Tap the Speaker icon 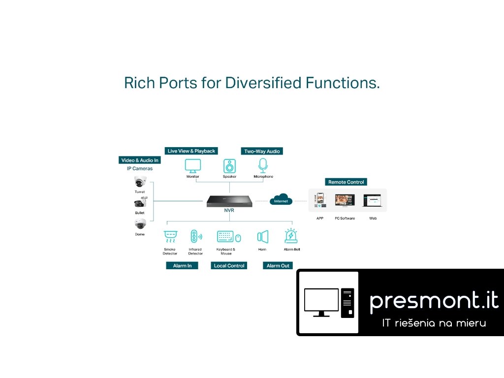pyautogui.click(x=229, y=165)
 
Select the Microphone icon pyautogui.click(x=263, y=165)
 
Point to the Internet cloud pyautogui.click(x=281, y=200)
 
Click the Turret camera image pyautogui.click(x=140, y=182)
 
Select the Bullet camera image pyautogui.click(x=140, y=203)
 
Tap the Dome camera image pyautogui.click(x=140, y=224)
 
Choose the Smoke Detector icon pyautogui.click(x=170, y=237)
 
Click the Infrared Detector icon pyautogui.click(x=195, y=237)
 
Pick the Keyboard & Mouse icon pyautogui.click(x=229, y=237)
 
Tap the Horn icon pyautogui.click(x=262, y=237)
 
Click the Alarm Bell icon pyautogui.click(x=290, y=236)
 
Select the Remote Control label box pyautogui.click(x=346, y=182)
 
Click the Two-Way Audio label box pyautogui.click(x=262, y=151)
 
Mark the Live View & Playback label pyautogui.click(x=191, y=151)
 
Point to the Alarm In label pyautogui.click(x=182, y=265)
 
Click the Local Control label pyautogui.click(x=229, y=265)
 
